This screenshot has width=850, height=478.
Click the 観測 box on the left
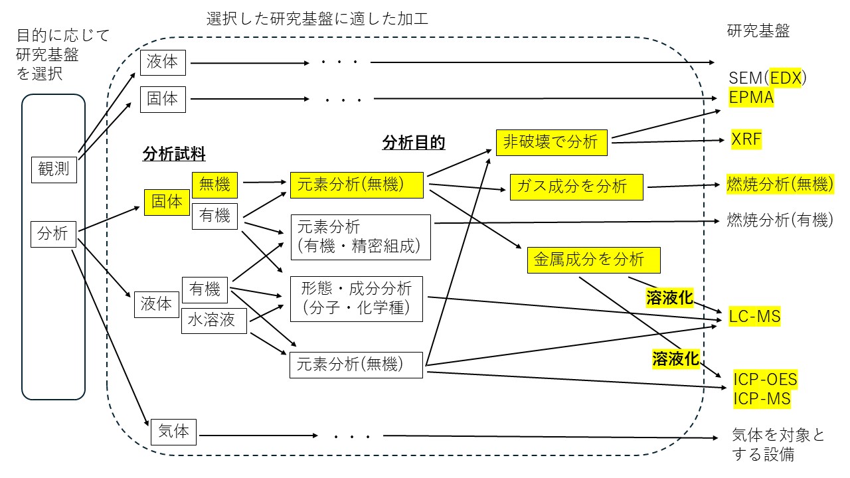(54, 169)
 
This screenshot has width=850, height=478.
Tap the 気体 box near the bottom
(173, 432)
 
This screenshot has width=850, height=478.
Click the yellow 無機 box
(214, 184)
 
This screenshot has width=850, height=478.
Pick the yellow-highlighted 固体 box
(167, 202)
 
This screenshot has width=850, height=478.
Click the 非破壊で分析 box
(552, 141)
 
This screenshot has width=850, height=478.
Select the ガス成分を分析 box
(576, 187)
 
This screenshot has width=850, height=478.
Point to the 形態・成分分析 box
(357, 297)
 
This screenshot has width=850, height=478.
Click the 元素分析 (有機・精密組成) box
(361, 237)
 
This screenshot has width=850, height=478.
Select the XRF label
(746, 139)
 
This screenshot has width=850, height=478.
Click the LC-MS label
(754, 316)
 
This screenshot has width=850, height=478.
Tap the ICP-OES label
(765, 380)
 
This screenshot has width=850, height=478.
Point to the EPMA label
(752, 98)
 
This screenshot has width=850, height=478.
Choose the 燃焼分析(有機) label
(780, 220)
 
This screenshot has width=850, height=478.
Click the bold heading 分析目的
(413, 142)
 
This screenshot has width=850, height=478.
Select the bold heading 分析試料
(174, 154)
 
